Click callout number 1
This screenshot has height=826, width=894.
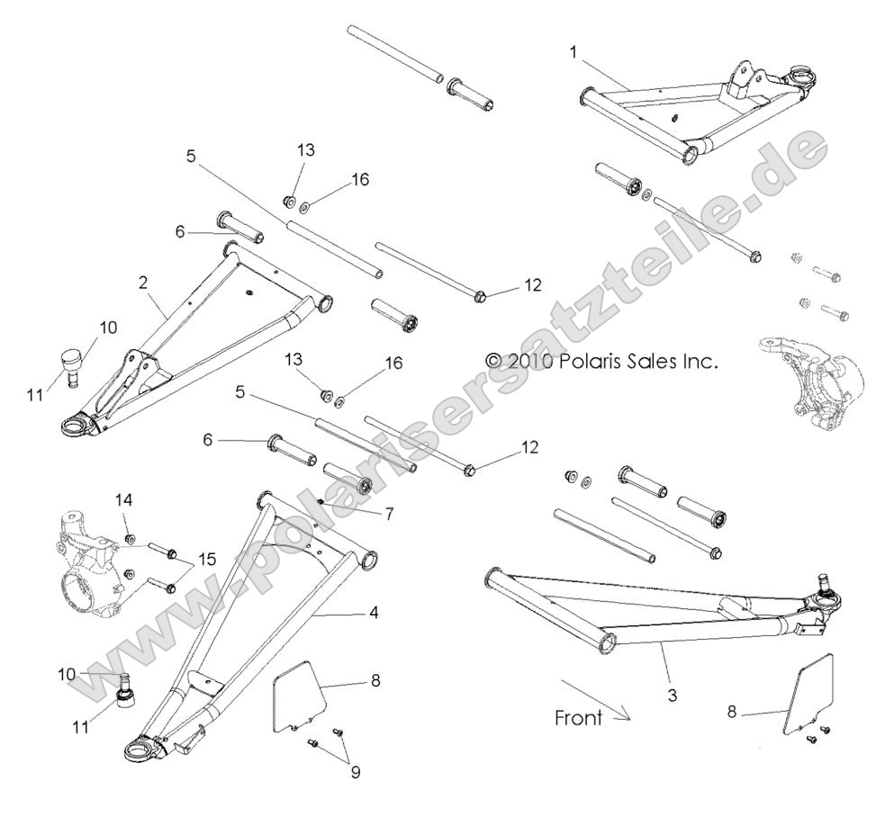573,52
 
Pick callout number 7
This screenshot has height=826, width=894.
364,514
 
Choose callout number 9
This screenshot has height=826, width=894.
356,771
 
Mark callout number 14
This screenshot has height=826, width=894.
123,498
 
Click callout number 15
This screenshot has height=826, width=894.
208,560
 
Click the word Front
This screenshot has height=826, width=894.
577,718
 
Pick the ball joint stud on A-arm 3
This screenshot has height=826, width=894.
822,586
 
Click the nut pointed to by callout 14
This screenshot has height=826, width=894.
129,540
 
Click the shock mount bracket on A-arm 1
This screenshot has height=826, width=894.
742,80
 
